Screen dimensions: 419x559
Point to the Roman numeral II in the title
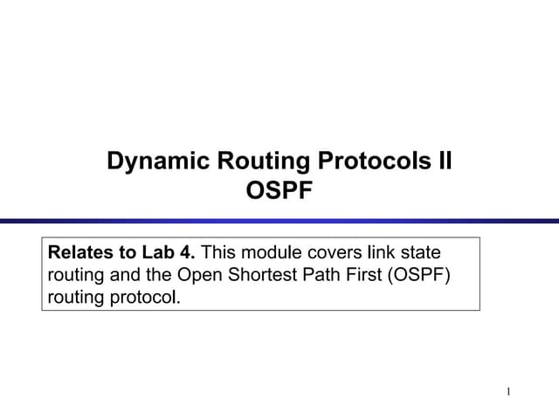444,161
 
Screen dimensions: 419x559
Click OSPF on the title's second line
279,190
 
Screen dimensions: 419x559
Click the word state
424,253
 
